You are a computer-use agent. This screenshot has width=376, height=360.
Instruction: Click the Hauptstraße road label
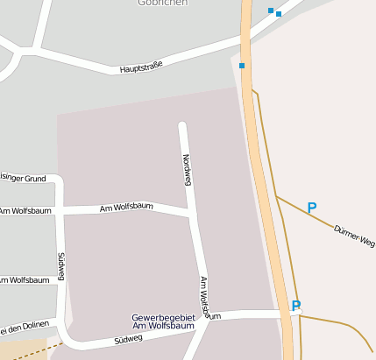click(x=141, y=66)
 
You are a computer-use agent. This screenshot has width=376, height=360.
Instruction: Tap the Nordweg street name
click(x=186, y=168)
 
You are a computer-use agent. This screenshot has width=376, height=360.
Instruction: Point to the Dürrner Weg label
click(x=354, y=236)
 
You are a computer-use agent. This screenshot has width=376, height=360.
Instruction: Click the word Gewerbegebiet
click(x=161, y=316)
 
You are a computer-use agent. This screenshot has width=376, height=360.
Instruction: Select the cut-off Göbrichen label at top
click(x=162, y=3)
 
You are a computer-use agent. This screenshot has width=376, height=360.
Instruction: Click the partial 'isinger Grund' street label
click(x=23, y=179)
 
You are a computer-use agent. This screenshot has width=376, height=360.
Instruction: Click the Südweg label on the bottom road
click(x=128, y=338)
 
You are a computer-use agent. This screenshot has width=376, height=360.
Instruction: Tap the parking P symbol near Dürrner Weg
click(x=311, y=208)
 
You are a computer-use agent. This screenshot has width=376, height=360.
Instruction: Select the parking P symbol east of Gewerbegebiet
click(x=295, y=307)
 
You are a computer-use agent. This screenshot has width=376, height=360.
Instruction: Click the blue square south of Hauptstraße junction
click(x=242, y=65)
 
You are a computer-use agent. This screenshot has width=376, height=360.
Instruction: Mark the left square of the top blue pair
click(x=271, y=11)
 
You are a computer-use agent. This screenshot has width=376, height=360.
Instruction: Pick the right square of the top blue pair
click(x=279, y=14)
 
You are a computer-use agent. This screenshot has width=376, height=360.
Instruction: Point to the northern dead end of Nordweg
click(x=182, y=125)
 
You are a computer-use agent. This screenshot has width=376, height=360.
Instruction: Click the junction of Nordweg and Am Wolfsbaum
click(x=191, y=215)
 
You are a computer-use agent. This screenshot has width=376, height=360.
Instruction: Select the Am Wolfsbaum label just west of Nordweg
click(x=126, y=208)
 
